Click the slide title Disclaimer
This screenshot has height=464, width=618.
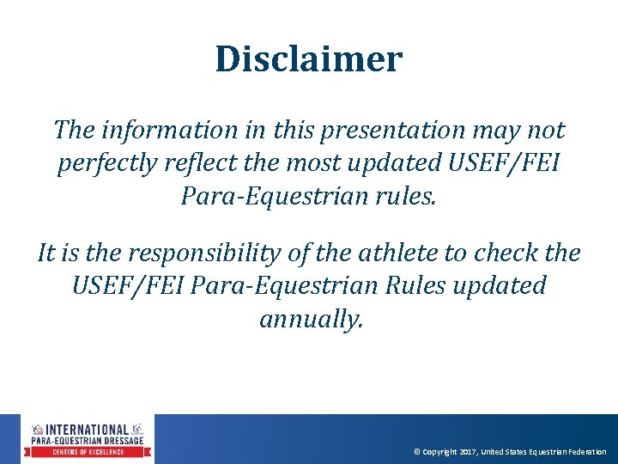(x=308, y=59)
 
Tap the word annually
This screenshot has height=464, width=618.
(x=311, y=320)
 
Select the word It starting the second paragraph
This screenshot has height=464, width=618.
(x=48, y=253)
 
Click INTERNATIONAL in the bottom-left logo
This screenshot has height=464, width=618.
(x=88, y=429)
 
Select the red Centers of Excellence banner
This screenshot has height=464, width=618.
(x=88, y=452)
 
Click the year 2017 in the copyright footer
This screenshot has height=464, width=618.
(x=468, y=452)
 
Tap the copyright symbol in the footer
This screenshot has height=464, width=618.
(x=417, y=452)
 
